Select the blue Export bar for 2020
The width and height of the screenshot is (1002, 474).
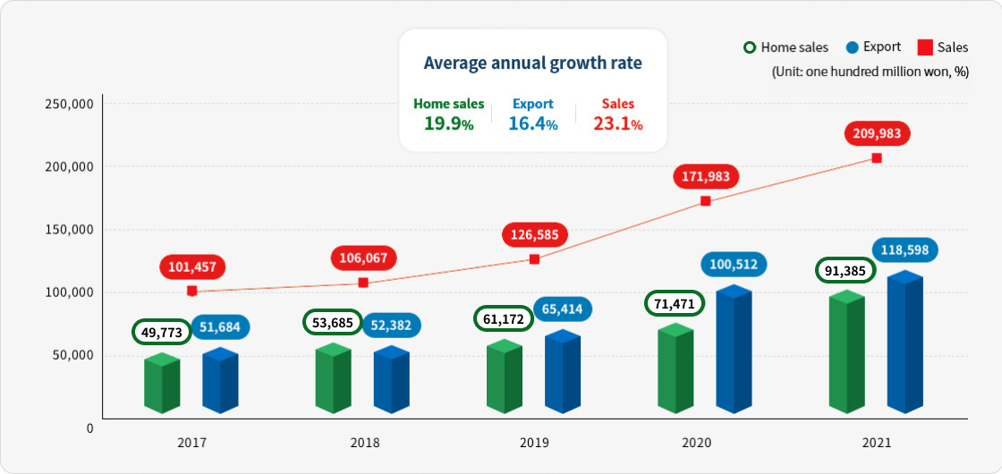734,350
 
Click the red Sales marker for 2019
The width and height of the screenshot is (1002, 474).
534,259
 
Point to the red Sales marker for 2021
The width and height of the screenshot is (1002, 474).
877,158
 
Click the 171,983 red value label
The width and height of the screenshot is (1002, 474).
707,176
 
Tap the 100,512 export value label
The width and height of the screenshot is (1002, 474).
733,265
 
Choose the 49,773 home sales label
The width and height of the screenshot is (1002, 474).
162,333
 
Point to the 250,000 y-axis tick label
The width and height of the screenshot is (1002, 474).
69,104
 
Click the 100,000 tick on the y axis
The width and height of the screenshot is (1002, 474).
69,292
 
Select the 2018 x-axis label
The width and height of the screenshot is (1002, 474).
364,443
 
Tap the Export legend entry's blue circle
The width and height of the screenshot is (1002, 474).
852,47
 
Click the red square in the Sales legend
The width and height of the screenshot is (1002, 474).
925,47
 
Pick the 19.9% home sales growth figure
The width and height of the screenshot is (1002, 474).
449,124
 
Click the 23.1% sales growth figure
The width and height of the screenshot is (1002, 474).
618,124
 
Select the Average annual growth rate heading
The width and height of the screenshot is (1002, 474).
532,63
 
